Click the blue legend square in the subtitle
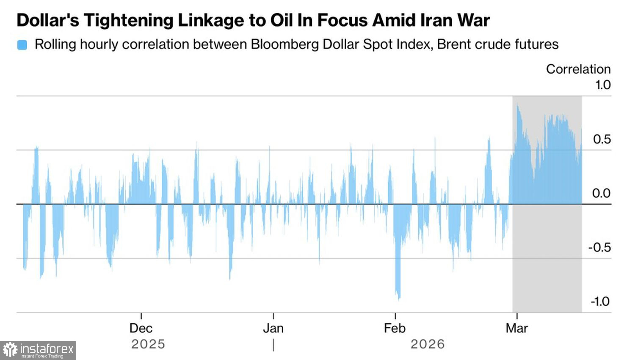coord(22,45)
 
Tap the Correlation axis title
coord(578,69)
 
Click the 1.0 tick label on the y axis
coord(603,85)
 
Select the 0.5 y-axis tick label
coord(602,139)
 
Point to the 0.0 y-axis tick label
coord(602,193)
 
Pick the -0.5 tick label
coord(599,247)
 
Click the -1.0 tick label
coord(600,302)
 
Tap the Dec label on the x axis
coord(141,328)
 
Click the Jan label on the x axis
coord(273,328)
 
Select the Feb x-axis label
coord(395,328)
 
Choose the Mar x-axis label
coord(517,328)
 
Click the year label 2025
coord(148,344)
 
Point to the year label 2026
coord(428,344)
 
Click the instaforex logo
coord(38,350)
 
